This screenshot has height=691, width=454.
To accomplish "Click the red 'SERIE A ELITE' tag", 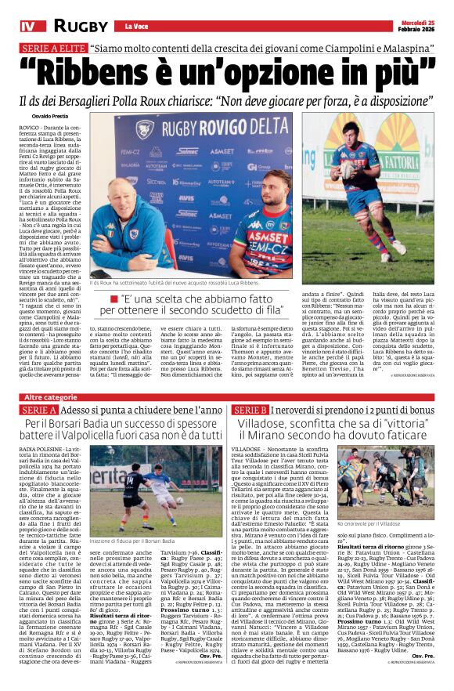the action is pyautogui.click(x=52, y=49).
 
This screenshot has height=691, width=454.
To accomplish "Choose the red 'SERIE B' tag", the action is pyautogui.click(x=249, y=411).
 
